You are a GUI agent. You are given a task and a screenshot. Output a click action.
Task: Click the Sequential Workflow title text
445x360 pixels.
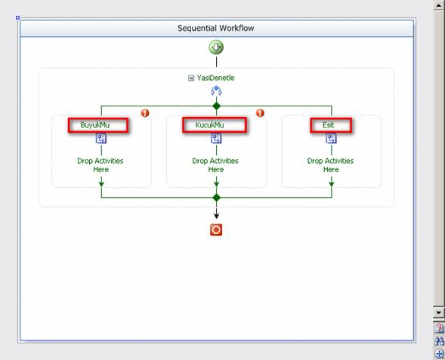[x=215, y=28]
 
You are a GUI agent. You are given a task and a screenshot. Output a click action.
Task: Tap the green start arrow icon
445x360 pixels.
[x=216, y=47]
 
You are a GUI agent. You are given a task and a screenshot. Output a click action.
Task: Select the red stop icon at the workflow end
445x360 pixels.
[x=216, y=230]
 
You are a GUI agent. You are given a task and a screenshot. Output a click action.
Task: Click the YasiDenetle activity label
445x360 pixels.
[x=215, y=78]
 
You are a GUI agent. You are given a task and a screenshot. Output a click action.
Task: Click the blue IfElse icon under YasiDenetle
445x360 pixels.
[x=216, y=91]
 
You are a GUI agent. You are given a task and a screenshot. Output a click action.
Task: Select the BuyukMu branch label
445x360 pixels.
[x=95, y=125]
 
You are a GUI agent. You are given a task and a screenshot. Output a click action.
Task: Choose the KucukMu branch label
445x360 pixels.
[x=210, y=125]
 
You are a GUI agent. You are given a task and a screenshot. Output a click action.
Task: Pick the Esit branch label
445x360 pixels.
[x=329, y=125]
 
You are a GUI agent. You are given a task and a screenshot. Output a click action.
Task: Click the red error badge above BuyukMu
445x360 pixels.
[x=145, y=112]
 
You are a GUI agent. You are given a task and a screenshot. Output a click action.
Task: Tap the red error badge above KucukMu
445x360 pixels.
[x=260, y=112]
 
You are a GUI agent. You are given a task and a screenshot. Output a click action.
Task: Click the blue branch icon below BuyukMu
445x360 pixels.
[x=101, y=139]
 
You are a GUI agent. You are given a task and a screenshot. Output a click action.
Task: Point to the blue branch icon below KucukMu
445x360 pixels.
[x=216, y=139]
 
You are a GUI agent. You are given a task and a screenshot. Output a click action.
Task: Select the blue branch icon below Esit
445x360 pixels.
[x=331, y=139]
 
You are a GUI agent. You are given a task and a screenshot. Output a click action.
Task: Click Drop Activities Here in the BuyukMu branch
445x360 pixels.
[x=100, y=165]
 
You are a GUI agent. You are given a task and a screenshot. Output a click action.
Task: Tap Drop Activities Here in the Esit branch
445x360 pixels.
[x=331, y=165]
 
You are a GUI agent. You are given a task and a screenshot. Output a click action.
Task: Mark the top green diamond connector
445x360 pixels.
[x=216, y=106]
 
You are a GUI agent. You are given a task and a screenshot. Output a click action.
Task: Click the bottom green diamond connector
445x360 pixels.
[x=216, y=198]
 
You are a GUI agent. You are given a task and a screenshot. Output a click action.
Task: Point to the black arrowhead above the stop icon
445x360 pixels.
[x=216, y=216]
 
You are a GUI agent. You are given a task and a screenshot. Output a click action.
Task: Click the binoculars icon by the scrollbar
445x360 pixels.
[x=439, y=340]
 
